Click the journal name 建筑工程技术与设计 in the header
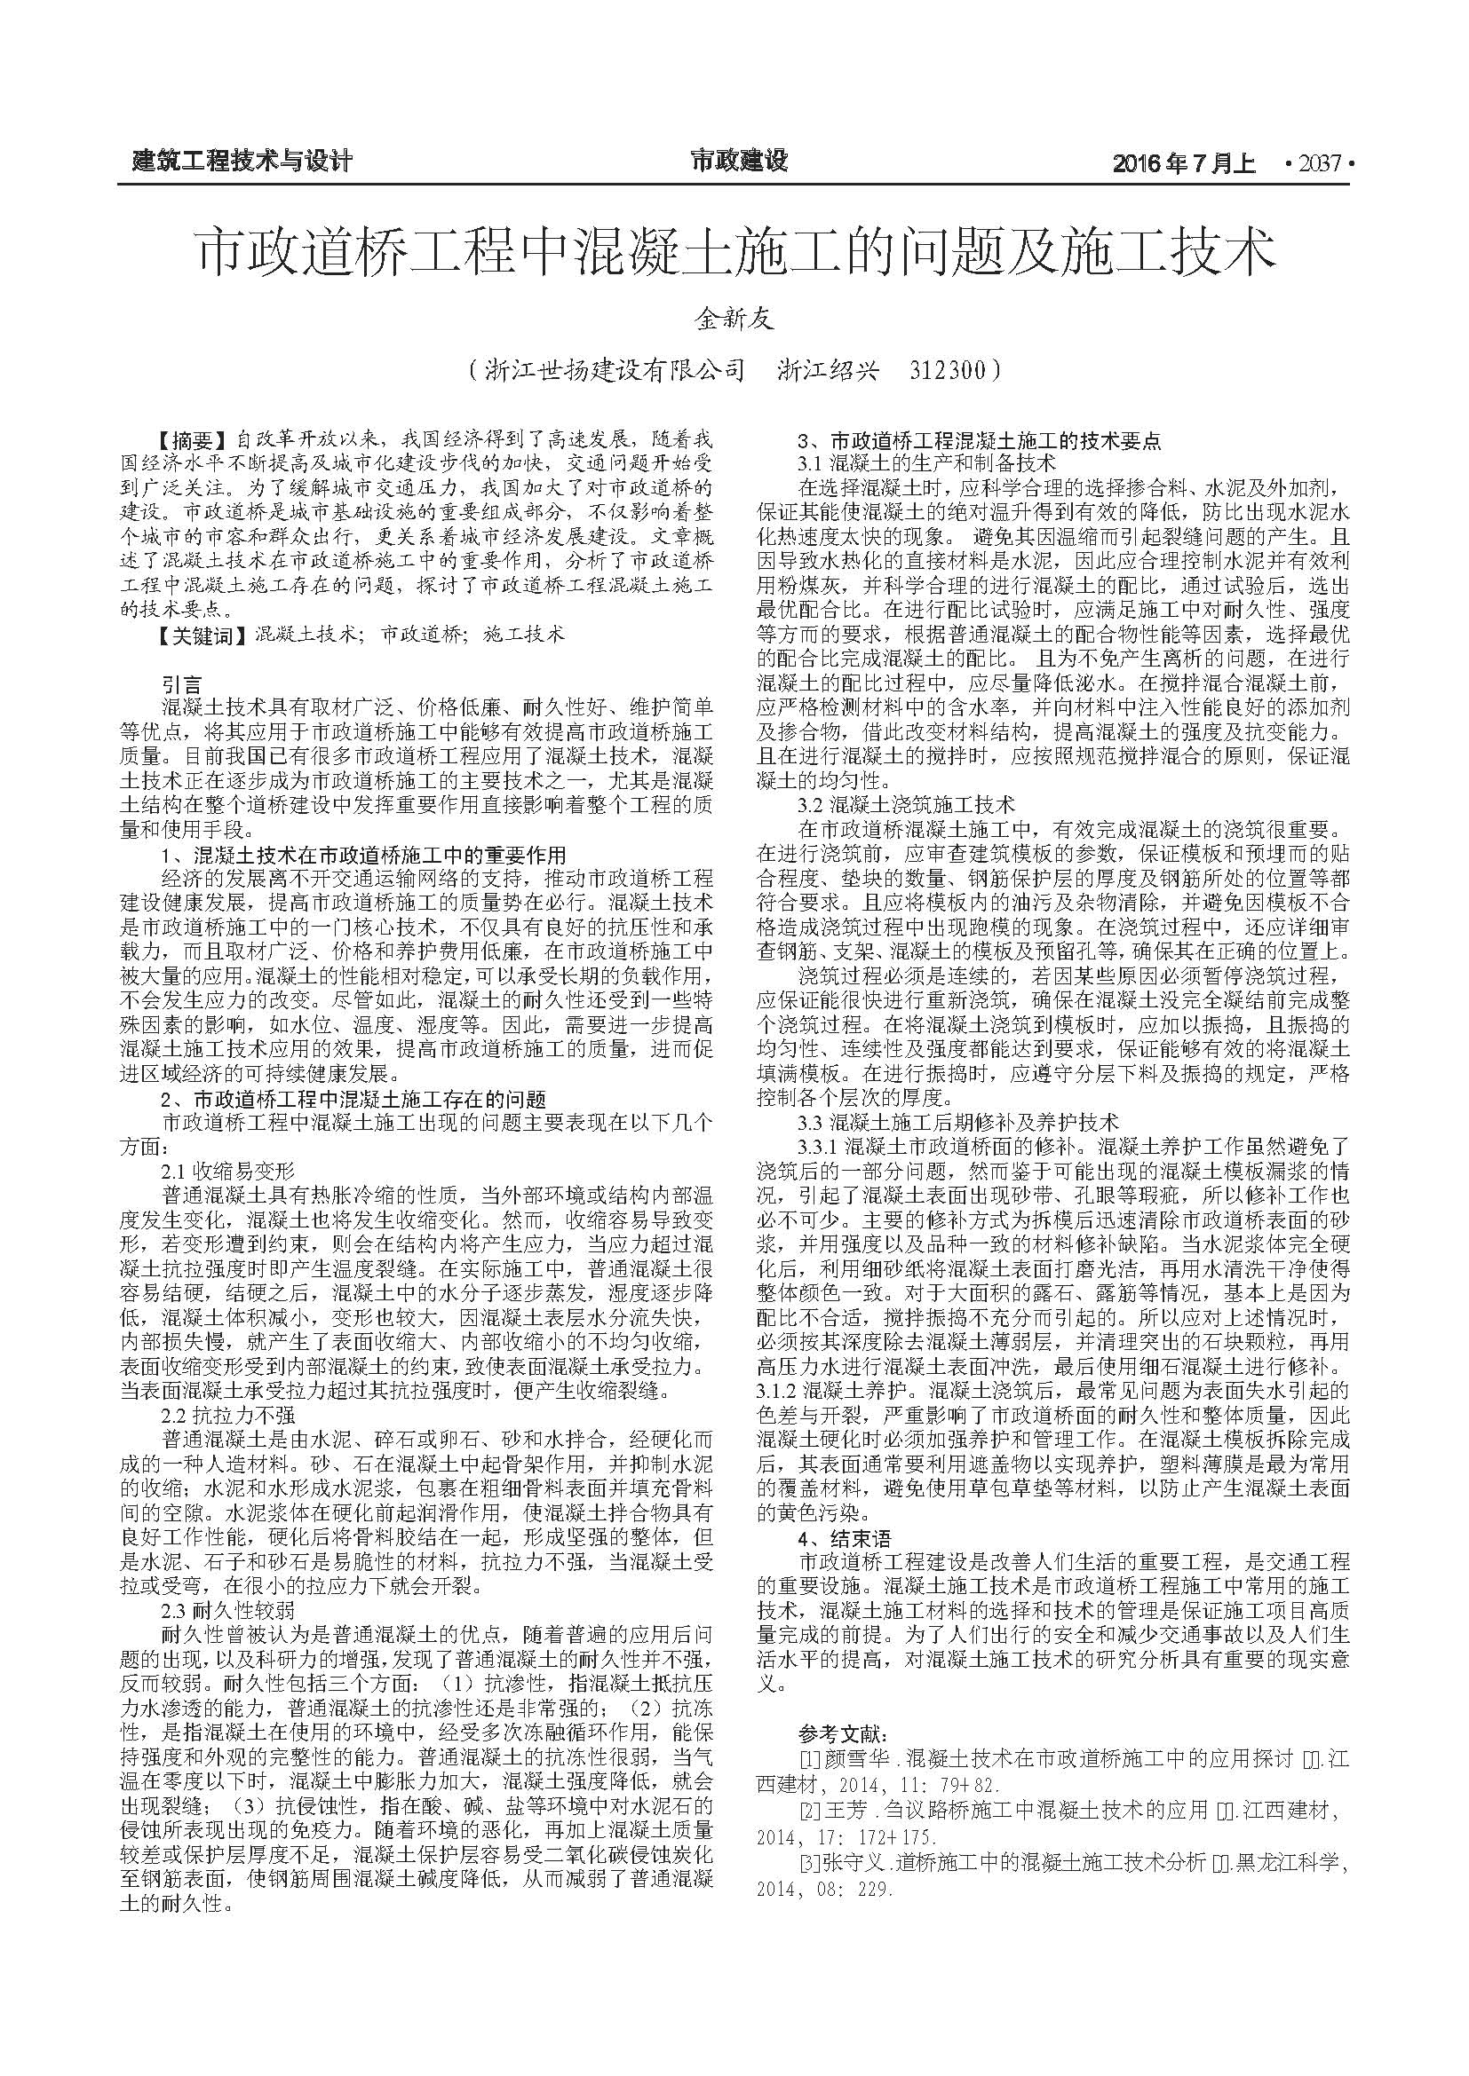242,162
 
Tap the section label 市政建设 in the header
739,161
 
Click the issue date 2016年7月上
1184,162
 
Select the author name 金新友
734,319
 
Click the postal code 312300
948,370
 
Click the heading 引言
182,683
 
